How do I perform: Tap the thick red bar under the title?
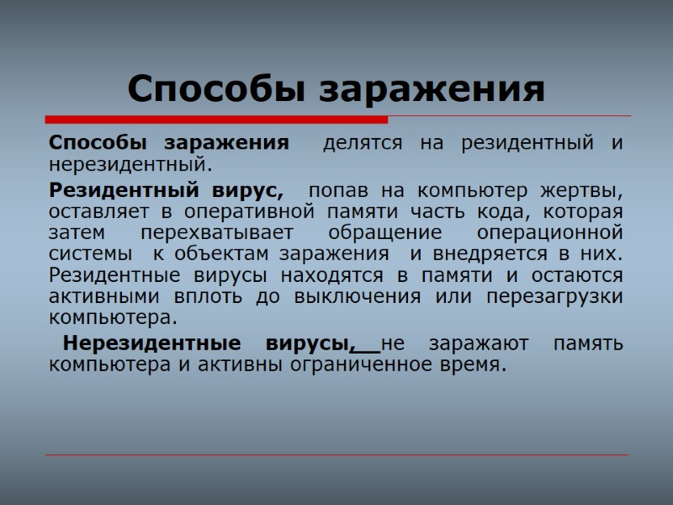click(216, 120)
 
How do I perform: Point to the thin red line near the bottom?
click(336, 455)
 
